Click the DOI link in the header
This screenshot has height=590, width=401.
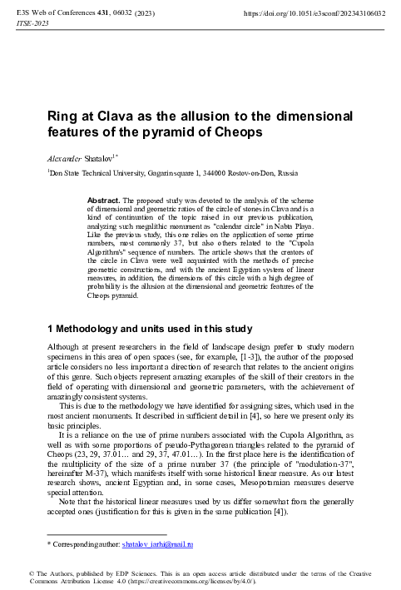319,14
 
